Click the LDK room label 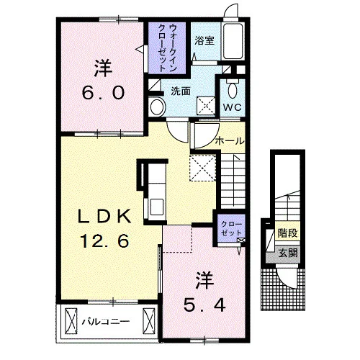click(104, 217)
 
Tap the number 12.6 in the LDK click(104, 241)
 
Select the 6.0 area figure click(103, 93)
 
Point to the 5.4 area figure click(204, 306)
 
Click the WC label click(232, 107)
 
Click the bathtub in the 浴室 click(233, 41)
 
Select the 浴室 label click(204, 40)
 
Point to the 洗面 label click(181, 91)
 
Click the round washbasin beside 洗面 click(157, 107)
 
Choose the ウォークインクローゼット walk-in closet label click(167, 48)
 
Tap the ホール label click(230, 141)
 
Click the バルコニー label click(106, 321)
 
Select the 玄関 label click(288, 253)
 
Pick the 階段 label click(288, 233)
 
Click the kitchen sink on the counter click(157, 207)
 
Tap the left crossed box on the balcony click(71, 321)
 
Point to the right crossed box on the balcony click(149, 321)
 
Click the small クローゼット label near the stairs click(231, 228)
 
